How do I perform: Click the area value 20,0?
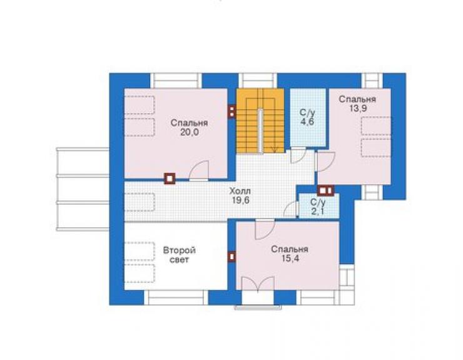(x=190, y=132)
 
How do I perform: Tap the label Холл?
(x=240, y=191)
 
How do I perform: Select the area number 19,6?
(x=240, y=200)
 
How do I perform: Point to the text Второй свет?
(x=179, y=255)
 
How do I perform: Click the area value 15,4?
(x=290, y=259)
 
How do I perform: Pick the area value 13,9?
(x=358, y=108)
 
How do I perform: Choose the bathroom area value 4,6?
(x=307, y=121)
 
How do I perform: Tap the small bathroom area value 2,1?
(x=318, y=212)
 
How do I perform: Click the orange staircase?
(x=260, y=121)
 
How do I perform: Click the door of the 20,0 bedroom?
(x=199, y=170)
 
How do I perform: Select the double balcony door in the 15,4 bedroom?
(x=258, y=284)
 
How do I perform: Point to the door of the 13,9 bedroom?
(x=325, y=162)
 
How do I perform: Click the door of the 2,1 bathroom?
(x=291, y=209)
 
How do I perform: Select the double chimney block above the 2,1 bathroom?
(x=326, y=190)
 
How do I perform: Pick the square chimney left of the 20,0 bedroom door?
(x=170, y=178)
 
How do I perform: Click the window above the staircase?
(x=258, y=81)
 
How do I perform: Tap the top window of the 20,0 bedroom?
(x=176, y=81)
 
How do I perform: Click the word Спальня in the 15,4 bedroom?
(x=290, y=249)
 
